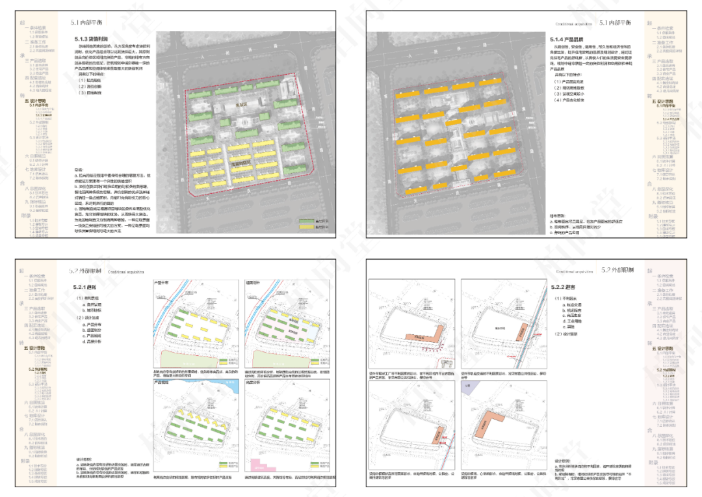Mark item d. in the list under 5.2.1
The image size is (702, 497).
(95, 341)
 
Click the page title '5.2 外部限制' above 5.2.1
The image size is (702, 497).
(85, 270)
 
